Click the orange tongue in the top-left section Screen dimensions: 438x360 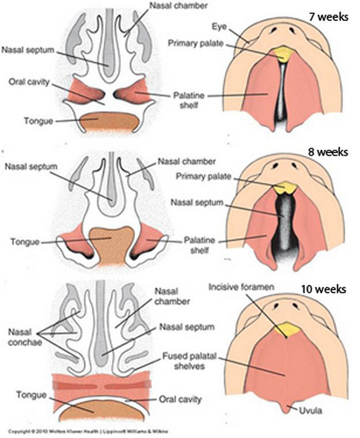pyautogui.click(x=110, y=123)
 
